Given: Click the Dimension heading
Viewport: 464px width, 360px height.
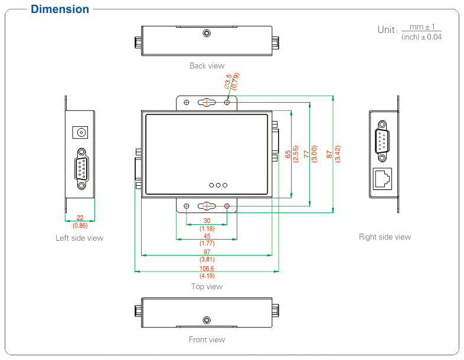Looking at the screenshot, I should pyautogui.click(x=60, y=9).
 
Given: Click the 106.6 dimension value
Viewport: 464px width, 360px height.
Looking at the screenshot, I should pyautogui.click(x=207, y=269).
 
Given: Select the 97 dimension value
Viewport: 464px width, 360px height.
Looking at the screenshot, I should pyautogui.click(x=207, y=252).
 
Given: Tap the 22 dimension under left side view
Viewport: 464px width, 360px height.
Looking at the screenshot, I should pyautogui.click(x=80, y=218).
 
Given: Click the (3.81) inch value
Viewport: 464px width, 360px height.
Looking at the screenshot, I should pyautogui.click(x=207, y=259).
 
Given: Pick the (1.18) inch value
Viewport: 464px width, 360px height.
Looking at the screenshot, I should pyautogui.click(x=207, y=228).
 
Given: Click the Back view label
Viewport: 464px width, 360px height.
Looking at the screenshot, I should pyautogui.click(x=207, y=66).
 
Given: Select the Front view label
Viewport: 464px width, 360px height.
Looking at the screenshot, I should pyautogui.click(x=207, y=339).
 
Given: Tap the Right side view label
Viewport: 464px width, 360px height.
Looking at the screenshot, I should pyautogui.click(x=384, y=237).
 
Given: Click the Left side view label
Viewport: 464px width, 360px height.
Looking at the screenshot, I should pyautogui.click(x=79, y=238).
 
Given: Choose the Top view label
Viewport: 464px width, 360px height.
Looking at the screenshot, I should pyautogui.click(x=207, y=286).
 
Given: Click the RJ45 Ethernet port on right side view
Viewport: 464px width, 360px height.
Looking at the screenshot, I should pyautogui.click(x=383, y=178).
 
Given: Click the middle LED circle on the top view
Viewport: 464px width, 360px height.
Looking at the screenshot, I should pyautogui.click(x=218, y=185).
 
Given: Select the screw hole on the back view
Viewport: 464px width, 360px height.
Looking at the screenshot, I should pyautogui.click(x=206, y=33).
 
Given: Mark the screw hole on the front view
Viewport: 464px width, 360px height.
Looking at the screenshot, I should pyautogui.click(x=206, y=320).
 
